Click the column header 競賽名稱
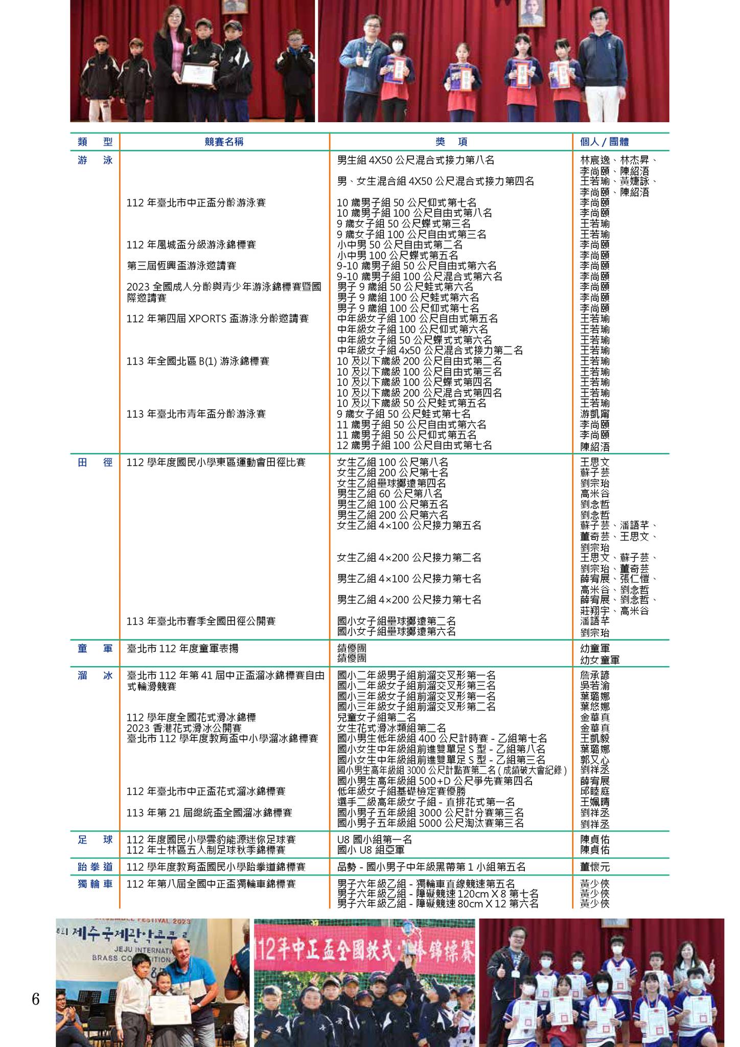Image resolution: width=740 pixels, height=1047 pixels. tap(224, 142)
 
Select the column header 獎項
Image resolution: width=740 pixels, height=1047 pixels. tap(451, 142)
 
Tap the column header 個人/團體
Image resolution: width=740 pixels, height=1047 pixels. tap(604, 142)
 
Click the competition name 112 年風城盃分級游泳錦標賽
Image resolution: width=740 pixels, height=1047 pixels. tap(191, 245)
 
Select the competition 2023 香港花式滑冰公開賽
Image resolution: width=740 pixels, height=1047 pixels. tap(184, 728)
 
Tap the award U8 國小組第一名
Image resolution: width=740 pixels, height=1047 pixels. tap(375, 839)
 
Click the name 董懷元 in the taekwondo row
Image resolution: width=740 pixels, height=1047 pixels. tap(595, 867)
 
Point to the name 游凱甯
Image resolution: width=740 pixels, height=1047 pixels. tap(595, 414)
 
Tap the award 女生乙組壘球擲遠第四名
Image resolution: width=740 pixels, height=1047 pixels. tap(392, 483)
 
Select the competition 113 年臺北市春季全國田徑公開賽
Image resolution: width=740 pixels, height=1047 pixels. tap(201, 621)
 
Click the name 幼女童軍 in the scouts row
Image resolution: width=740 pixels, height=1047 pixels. tap(599, 659)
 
